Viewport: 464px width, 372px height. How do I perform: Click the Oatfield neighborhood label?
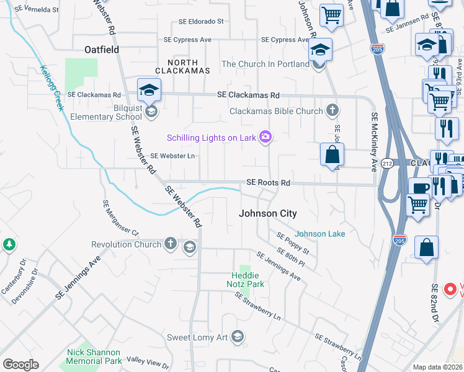click(x=102, y=48)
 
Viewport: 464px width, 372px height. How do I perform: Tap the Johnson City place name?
click(x=268, y=213)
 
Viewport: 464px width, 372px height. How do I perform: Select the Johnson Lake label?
click(x=319, y=234)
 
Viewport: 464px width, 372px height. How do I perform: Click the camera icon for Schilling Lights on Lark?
click(x=266, y=137)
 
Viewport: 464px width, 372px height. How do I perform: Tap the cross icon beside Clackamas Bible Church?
click(x=332, y=111)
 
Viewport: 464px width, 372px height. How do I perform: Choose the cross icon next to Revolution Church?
click(x=171, y=244)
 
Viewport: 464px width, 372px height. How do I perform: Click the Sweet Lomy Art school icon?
click(x=236, y=337)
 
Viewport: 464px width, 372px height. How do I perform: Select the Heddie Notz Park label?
click(x=248, y=280)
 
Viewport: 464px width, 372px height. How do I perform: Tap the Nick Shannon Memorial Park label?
click(x=94, y=356)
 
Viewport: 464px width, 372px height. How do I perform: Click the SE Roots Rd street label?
click(x=268, y=183)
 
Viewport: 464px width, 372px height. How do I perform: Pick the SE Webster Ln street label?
click(x=173, y=156)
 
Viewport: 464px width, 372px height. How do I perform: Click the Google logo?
click(x=20, y=365)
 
